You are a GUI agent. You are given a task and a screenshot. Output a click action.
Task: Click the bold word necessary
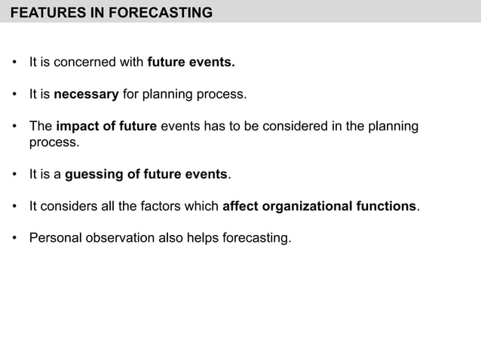[x=86, y=95]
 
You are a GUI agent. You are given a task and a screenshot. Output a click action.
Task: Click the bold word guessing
[x=95, y=175]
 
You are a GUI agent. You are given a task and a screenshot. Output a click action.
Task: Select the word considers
[x=68, y=206]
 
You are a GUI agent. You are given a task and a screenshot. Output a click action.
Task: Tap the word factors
[x=151, y=206]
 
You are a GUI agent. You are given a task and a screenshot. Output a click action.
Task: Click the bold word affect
[x=240, y=206]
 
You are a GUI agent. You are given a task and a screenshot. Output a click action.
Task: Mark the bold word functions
[x=388, y=206]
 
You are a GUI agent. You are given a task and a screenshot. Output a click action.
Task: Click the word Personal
[x=53, y=239]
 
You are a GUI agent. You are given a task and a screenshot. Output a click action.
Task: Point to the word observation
[x=116, y=239]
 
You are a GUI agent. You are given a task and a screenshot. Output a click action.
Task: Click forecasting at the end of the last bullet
[x=253, y=239]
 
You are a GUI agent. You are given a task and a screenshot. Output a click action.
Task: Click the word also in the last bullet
[x=166, y=239]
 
